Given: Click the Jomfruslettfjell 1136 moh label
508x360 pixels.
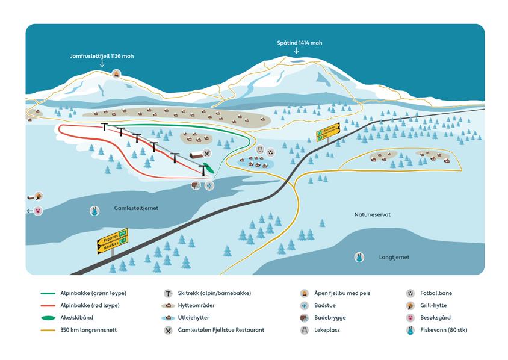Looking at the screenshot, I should pos(101,56).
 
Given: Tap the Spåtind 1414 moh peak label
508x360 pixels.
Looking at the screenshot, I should pos(299,43).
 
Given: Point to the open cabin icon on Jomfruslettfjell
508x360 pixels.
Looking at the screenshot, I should pos(116,73).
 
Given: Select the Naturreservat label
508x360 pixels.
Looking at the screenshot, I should pos(373,214).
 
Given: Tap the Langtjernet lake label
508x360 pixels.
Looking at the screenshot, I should pos(394,257).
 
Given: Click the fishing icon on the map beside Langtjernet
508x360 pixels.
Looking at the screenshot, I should pos(359,258).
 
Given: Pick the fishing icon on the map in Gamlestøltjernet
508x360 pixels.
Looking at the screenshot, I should pos(94,211).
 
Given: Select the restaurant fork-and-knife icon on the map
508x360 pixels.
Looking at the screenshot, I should pos(206,154).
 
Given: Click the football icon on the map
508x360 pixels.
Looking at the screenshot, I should pos(270,152).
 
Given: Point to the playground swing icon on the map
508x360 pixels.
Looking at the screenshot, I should pos(259,151).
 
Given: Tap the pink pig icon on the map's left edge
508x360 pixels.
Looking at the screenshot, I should pos(39,211).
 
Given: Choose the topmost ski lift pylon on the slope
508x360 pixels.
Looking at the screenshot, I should pos(105,127).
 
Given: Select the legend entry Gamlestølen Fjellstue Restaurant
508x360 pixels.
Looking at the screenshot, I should pos(221,330).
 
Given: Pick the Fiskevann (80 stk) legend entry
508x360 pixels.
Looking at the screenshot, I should pos(445,330).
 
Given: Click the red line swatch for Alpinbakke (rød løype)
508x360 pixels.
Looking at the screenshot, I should pos(49,305).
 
